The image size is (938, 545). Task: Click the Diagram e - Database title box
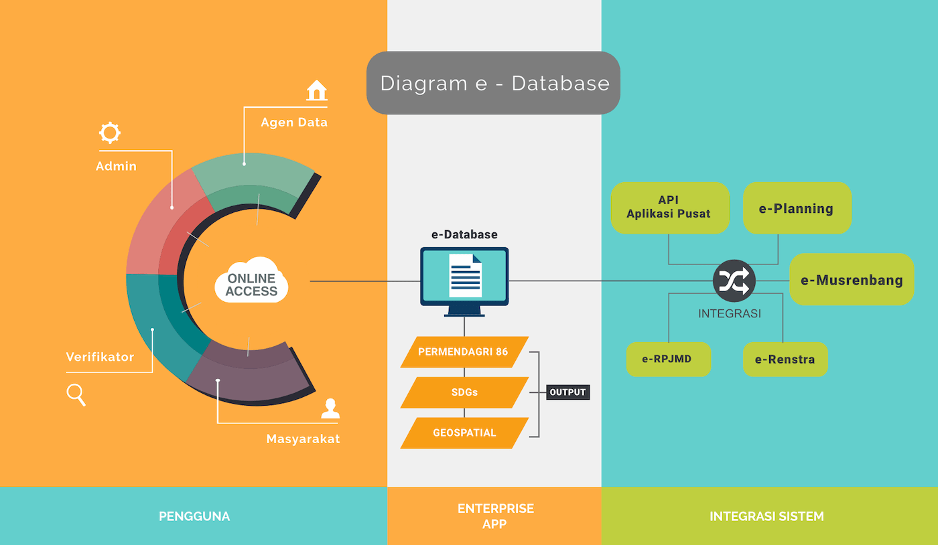pyautogui.click(x=493, y=83)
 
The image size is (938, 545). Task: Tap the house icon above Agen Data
pyautogui.click(x=316, y=90)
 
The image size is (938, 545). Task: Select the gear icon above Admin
pyautogui.click(x=109, y=133)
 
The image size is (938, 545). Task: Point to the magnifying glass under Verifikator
pyautogui.click(x=76, y=395)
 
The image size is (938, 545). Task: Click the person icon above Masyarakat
pyautogui.click(x=330, y=409)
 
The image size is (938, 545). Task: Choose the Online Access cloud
pyautogui.click(x=251, y=281)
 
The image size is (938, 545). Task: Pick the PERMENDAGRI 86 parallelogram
pyautogui.click(x=464, y=352)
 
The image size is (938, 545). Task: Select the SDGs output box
pyautogui.click(x=464, y=392)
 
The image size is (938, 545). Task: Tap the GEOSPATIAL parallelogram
pyautogui.click(x=464, y=433)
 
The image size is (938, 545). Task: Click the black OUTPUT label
pyautogui.click(x=567, y=392)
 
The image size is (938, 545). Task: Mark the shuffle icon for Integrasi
pyautogui.click(x=734, y=281)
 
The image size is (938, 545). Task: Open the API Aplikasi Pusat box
pyautogui.click(x=669, y=208)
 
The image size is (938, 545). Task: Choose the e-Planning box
pyautogui.click(x=797, y=208)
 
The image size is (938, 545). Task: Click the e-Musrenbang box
pyautogui.click(x=852, y=280)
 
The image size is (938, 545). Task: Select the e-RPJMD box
pyautogui.click(x=667, y=359)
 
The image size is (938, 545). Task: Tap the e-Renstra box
pyautogui.click(x=785, y=360)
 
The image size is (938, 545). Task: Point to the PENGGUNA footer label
pyautogui.click(x=194, y=516)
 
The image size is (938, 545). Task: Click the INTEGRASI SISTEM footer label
pyautogui.click(x=766, y=516)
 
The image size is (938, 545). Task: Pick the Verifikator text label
pyautogui.click(x=100, y=357)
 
